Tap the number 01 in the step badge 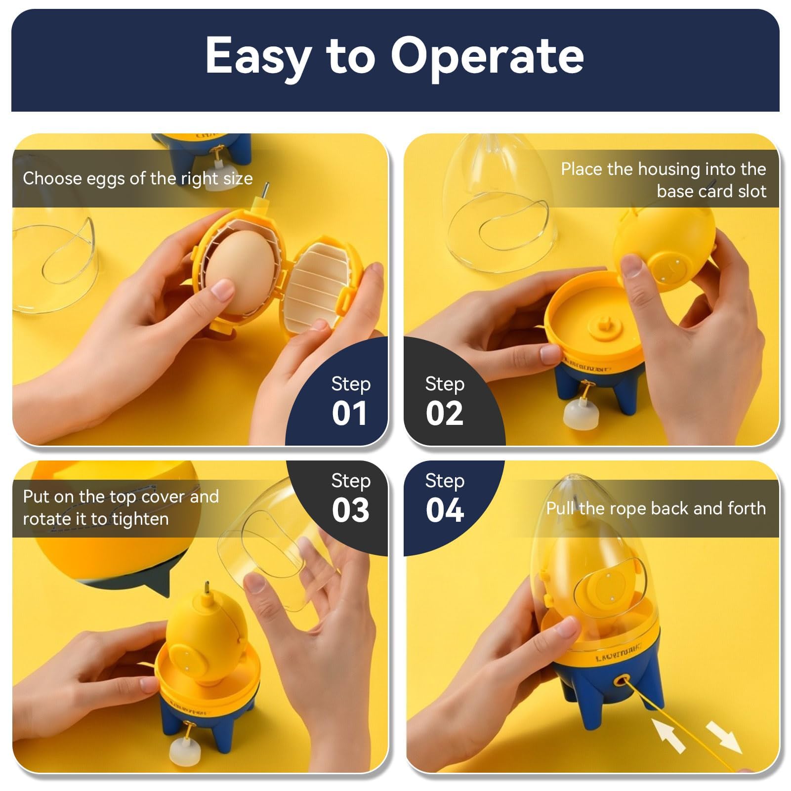point(349,414)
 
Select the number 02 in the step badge point(445,414)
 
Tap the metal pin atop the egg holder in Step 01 point(265,190)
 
